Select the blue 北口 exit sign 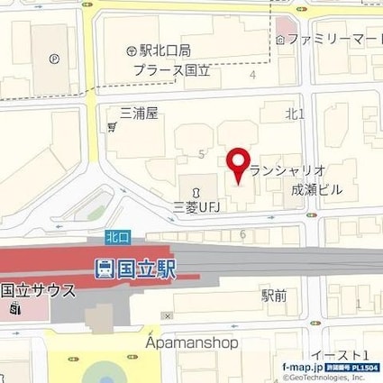[115, 237]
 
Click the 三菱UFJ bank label [197, 208]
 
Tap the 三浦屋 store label [139, 114]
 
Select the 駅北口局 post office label [161, 50]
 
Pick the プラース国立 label [171, 68]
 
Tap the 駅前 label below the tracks [275, 294]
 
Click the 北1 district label [295, 114]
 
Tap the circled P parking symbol [55, 60]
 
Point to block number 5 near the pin [199, 155]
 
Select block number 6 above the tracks [243, 234]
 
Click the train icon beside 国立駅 [102, 267]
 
